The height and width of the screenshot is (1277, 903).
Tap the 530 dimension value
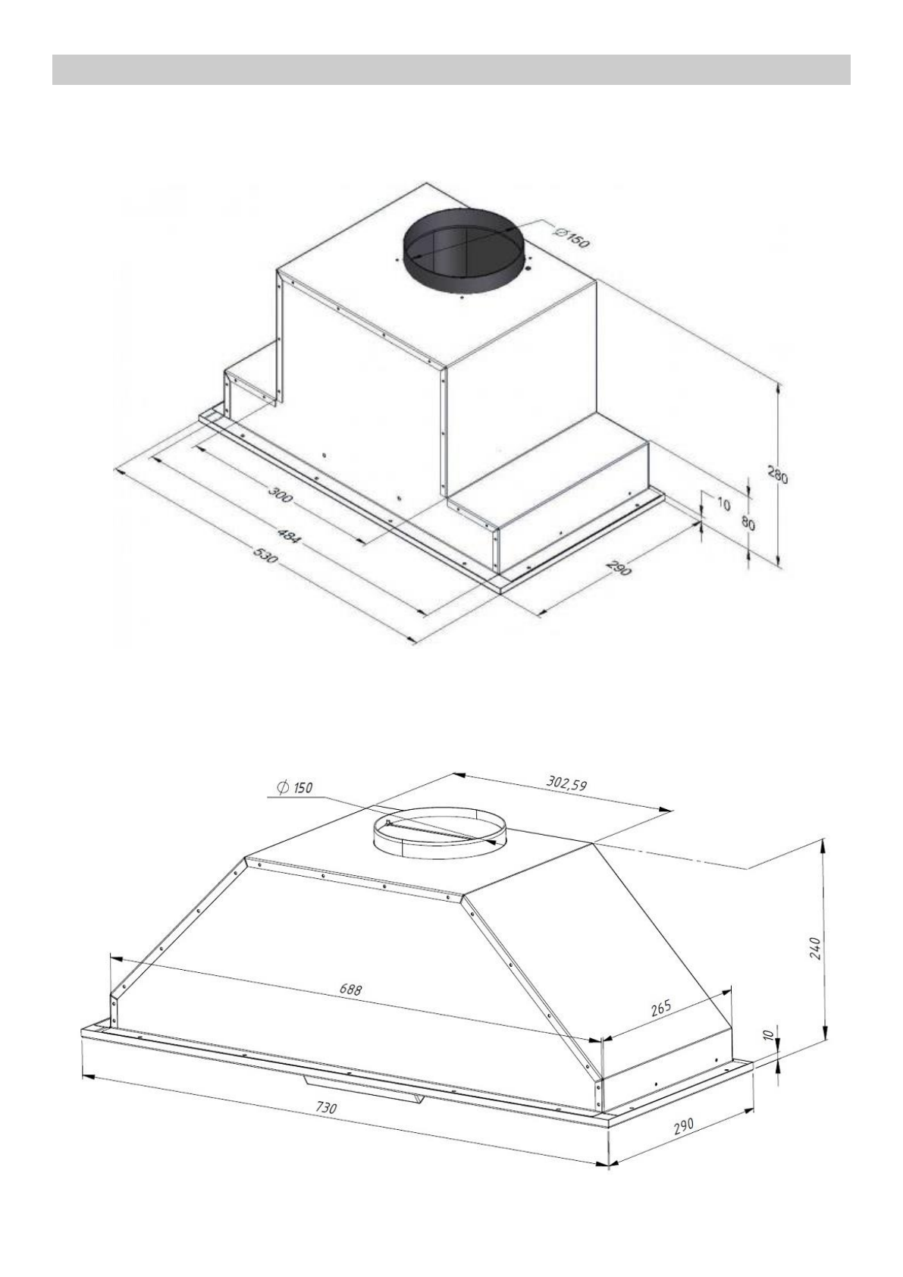267,554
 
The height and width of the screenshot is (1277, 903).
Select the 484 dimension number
287,536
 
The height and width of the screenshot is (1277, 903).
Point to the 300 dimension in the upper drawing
279,495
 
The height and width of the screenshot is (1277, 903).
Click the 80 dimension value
748,522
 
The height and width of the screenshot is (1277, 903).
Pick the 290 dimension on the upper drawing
619,568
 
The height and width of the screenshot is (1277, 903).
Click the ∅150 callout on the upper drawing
572,237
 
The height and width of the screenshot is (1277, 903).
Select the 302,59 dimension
566,782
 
